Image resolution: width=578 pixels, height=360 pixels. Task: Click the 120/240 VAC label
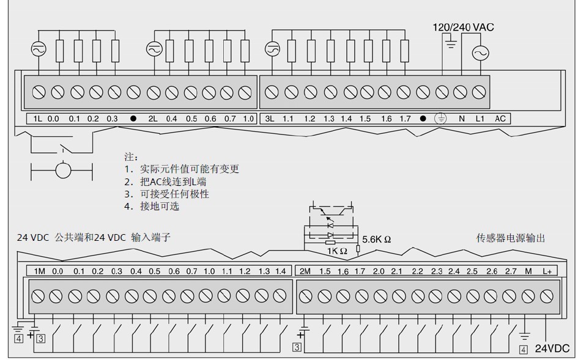click(463, 27)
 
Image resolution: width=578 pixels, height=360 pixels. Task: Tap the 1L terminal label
click(38, 119)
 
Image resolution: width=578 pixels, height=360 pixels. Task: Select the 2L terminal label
click(153, 119)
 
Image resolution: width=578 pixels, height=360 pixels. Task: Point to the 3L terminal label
click(270, 119)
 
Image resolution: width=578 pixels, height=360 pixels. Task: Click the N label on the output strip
click(462, 119)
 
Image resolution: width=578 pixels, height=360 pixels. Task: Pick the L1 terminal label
click(480, 119)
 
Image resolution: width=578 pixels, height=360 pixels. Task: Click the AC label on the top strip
click(500, 119)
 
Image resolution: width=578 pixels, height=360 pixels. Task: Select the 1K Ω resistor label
click(336, 251)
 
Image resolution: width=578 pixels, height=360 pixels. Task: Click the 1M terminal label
click(39, 271)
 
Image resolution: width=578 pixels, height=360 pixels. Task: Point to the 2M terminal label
click(304, 271)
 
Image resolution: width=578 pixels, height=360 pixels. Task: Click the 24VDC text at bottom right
click(552, 348)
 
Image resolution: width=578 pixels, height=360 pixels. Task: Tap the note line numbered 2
click(165, 182)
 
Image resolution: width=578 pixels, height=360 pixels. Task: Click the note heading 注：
click(131, 157)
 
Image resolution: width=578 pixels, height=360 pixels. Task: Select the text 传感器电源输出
click(510, 238)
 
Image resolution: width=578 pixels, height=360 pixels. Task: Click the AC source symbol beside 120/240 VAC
click(480, 54)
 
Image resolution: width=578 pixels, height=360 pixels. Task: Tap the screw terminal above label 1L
click(39, 92)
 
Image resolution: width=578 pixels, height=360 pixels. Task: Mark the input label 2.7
click(510, 271)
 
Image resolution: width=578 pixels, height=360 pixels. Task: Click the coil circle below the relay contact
click(63, 169)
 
